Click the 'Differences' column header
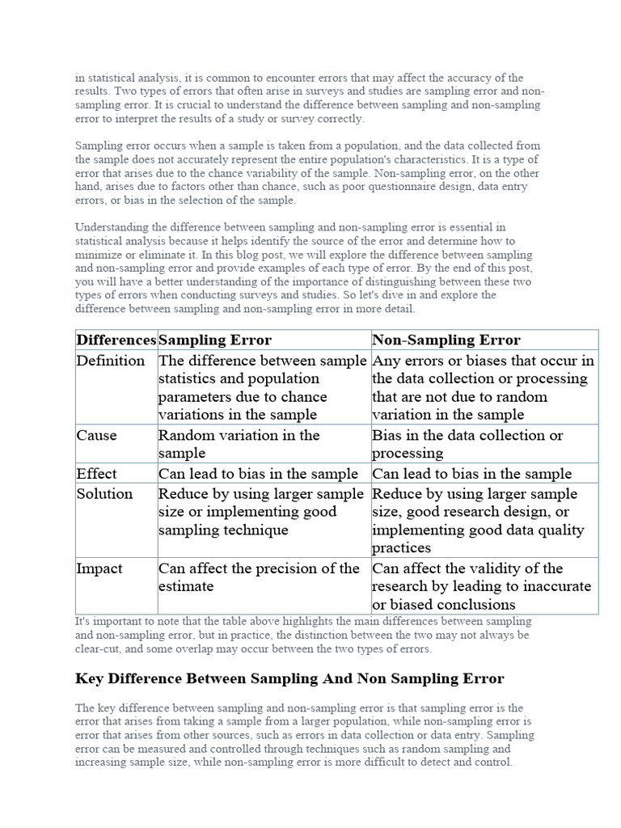(x=116, y=340)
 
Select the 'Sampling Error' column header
(x=215, y=340)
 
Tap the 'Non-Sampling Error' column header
(x=446, y=340)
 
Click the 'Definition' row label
(x=111, y=361)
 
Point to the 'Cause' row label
(x=96, y=435)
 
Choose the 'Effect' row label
(x=96, y=474)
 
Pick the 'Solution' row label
(x=104, y=493)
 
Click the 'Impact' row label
(x=99, y=568)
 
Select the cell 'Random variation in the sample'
(x=239, y=444)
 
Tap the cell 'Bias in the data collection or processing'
(x=467, y=444)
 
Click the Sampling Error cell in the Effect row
(x=258, y=474)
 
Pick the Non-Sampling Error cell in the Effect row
(x=471, y=474)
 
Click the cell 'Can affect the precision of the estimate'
(x=259, y=577)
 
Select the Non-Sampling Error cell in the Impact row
(x=481, y=586)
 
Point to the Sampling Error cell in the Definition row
(x=262, y=387)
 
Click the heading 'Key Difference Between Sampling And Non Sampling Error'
(x=289, y=678)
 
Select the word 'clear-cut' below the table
(x=98, y=648)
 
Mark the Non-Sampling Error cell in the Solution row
(x=477, y=521)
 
